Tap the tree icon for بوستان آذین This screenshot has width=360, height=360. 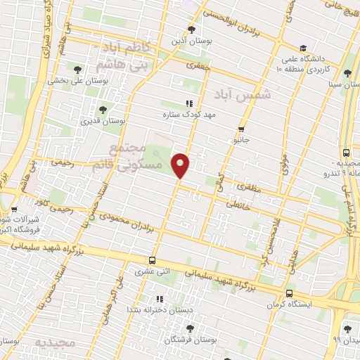click(192, 30)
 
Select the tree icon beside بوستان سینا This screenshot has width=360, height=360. click(347, 73)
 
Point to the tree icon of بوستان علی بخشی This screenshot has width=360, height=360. click(77, 69)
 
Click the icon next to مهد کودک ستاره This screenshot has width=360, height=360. click(188, 103)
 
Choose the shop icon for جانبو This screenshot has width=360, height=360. click(241, 129)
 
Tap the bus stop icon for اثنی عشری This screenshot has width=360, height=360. click(153, 259)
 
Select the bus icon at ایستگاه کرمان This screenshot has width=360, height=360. click(289, 293)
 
